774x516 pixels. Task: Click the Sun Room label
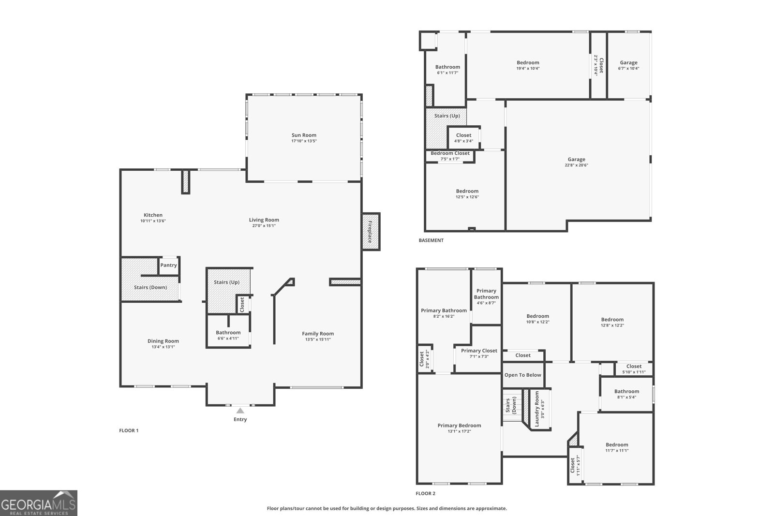point(304,135)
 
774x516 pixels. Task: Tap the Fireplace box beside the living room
point(371,232)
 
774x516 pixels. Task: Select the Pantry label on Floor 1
point(169,265)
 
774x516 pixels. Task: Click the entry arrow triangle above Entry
point(240,411)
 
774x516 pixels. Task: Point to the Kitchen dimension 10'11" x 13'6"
point(153,221)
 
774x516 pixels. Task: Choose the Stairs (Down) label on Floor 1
point(150,287)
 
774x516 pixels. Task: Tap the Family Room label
point(318,334)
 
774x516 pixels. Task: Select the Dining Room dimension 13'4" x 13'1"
point(163,347)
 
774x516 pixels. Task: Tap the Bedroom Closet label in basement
point(450,153)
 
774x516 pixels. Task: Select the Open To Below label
point(523,375)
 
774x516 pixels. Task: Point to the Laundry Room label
point(537,409)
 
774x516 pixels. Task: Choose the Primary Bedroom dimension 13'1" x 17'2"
point(459,431)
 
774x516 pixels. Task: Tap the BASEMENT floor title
point(431,240)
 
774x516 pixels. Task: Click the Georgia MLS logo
point(39,503)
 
